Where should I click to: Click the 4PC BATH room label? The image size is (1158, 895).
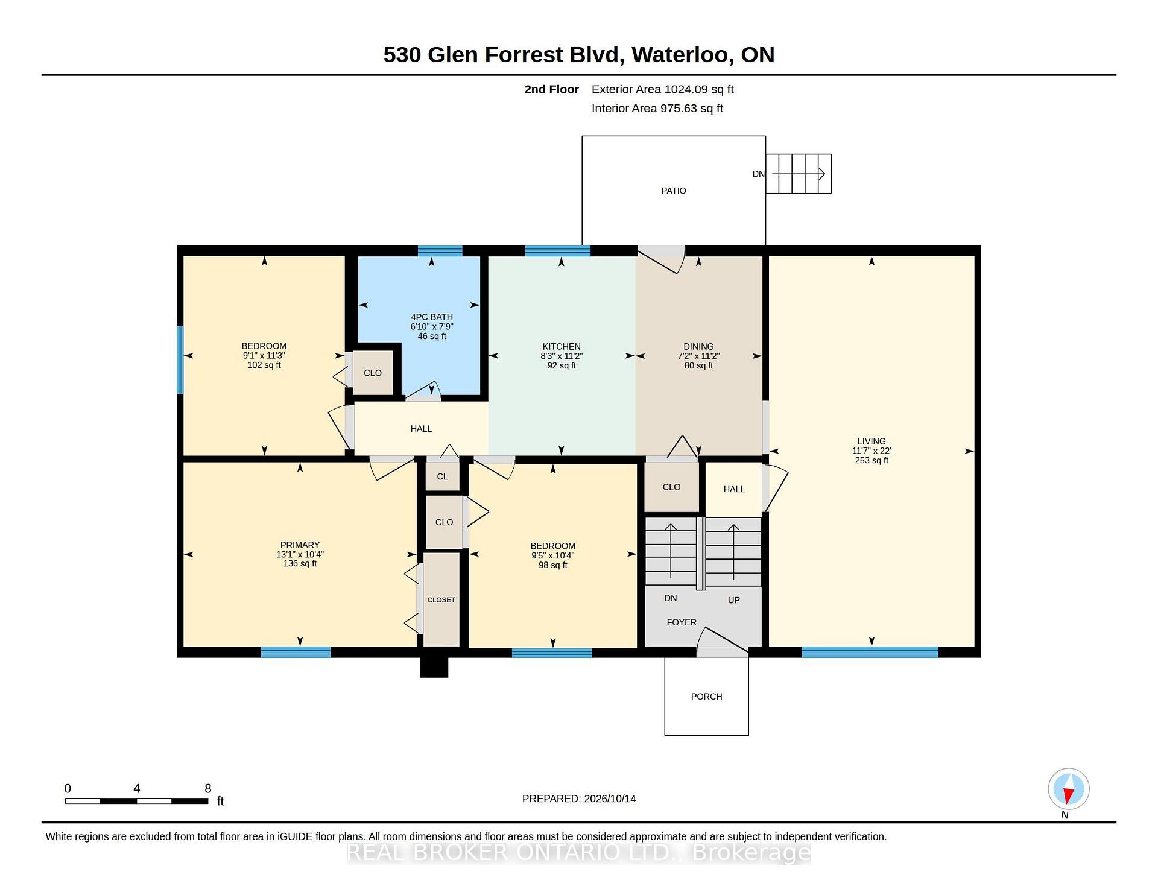432,317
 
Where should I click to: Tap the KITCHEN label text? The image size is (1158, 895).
562,346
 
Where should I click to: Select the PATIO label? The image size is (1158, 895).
674,191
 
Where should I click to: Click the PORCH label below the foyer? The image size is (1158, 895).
706,697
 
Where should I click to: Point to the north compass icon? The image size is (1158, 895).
1069,789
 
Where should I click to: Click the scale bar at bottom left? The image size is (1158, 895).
137,801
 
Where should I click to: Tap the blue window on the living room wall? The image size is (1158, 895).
870,652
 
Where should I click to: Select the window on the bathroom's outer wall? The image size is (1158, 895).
440,251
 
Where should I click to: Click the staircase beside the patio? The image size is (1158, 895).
799,174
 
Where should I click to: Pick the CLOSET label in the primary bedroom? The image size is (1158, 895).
441,600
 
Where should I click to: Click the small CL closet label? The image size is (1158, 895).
443,476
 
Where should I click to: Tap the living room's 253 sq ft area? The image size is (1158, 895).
872,460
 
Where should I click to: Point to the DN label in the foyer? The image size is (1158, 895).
671,598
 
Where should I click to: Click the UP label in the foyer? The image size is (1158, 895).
734,600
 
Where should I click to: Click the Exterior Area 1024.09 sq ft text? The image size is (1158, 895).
663,90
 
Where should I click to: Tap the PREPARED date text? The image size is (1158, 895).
579,799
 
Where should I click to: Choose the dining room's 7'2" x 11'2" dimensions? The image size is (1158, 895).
698,356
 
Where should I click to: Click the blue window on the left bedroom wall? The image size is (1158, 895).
180,359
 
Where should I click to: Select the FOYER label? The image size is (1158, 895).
682,622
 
